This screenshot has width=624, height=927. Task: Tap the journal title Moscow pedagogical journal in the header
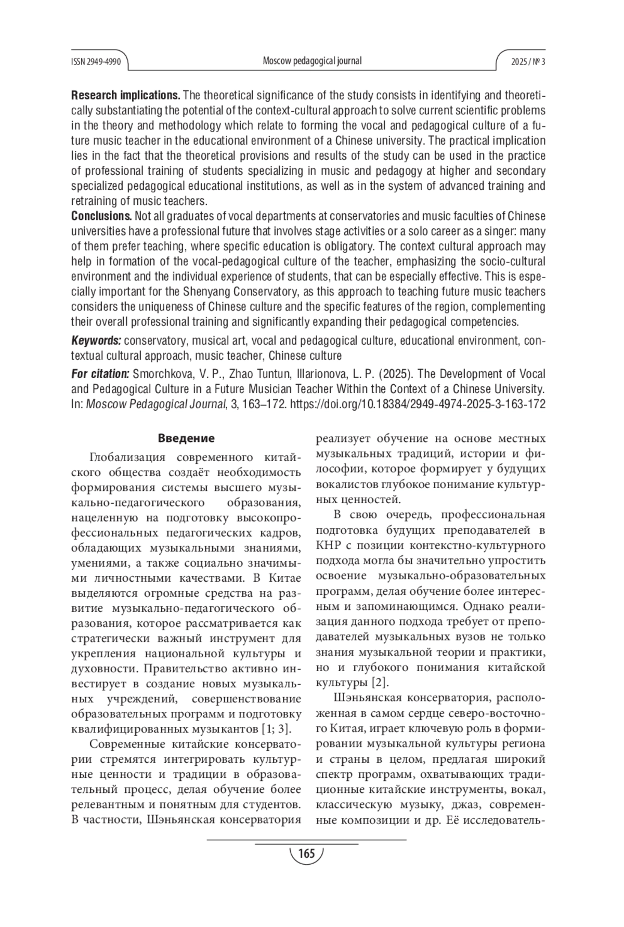coord(312,61)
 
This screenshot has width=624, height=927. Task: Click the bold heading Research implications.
coord(125,96)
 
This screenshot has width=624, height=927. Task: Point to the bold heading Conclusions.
coord(101,216)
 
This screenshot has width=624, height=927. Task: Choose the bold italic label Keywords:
coord(96,341)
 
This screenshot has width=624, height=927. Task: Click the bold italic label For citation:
coord(100,374)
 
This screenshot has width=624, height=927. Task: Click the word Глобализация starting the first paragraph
coord(127,457)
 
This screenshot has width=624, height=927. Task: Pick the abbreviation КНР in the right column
coord(327,545)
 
